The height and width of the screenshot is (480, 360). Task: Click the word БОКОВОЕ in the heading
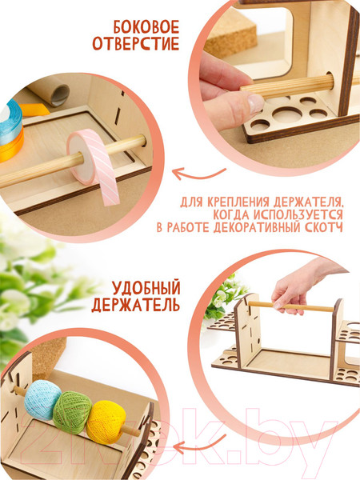(146, 27)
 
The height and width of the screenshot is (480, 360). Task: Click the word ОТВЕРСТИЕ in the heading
(136, 43)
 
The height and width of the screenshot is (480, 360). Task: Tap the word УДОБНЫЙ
(146, 288)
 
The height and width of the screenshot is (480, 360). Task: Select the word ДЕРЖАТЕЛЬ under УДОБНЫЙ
(136, 306)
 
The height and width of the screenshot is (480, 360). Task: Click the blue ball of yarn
(42, 399)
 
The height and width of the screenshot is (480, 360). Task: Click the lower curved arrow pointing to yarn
(198, 445)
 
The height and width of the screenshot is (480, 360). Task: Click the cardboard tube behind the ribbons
(49, 94)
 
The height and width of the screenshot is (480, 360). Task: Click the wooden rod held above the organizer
(291, 306)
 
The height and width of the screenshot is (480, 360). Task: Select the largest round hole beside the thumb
(287, 113)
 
